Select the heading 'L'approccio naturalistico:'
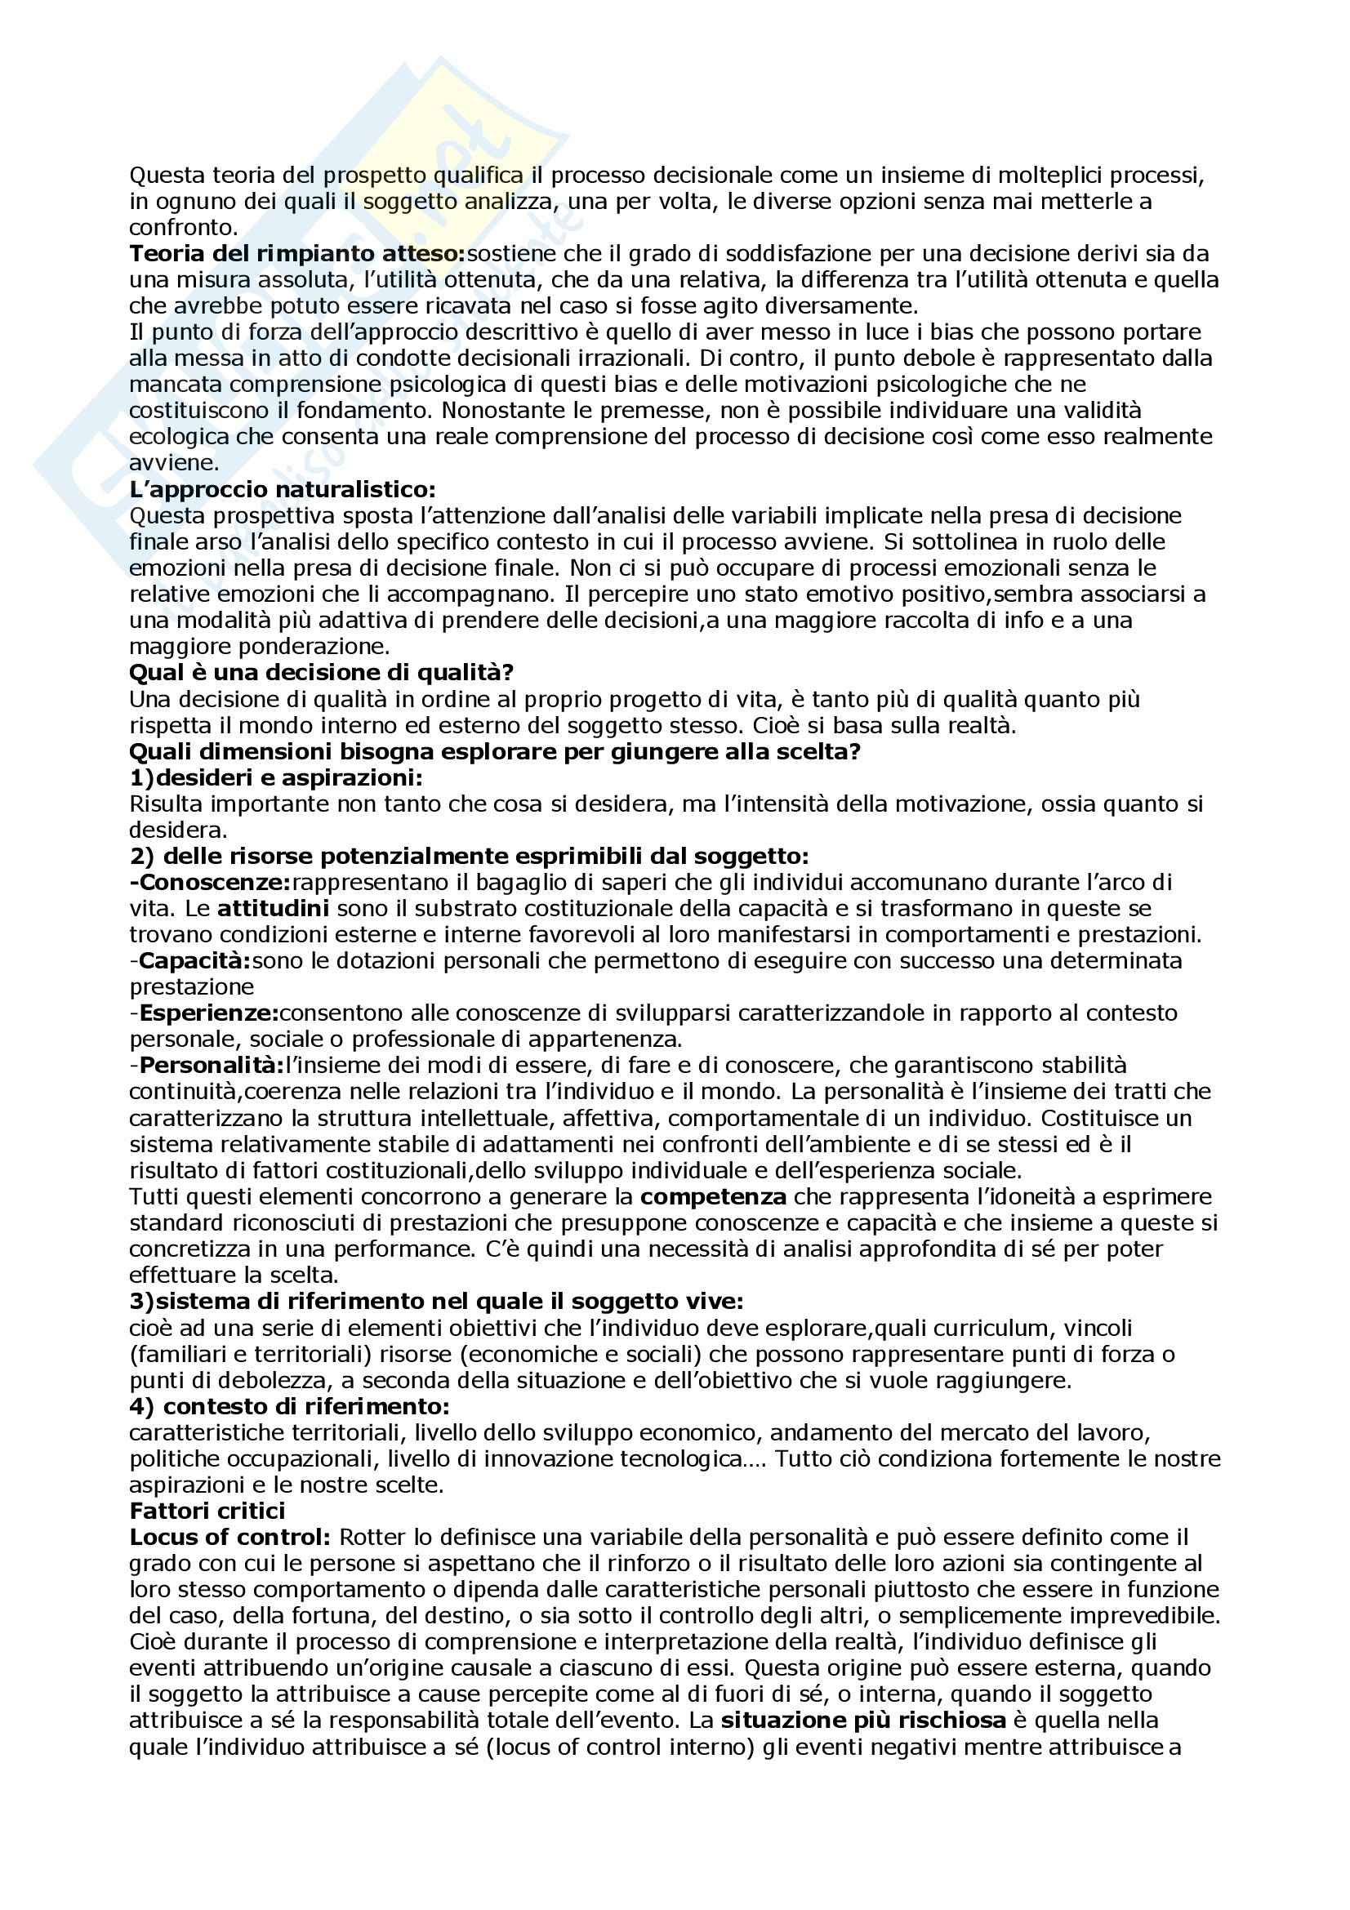tap(282, 490)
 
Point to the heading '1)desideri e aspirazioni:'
tap(276, 778)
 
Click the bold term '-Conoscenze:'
tap(210, 882)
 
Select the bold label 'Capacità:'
tap(194, 961)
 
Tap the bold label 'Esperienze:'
tap(209, 1013)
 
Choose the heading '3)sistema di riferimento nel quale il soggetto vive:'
tap(436, 1301)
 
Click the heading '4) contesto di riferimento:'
tap(289, 1407)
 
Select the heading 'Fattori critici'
tap(207, 1511)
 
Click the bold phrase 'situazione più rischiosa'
tap(863, 1721)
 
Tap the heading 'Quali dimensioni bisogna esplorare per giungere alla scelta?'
tap(494, 752)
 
